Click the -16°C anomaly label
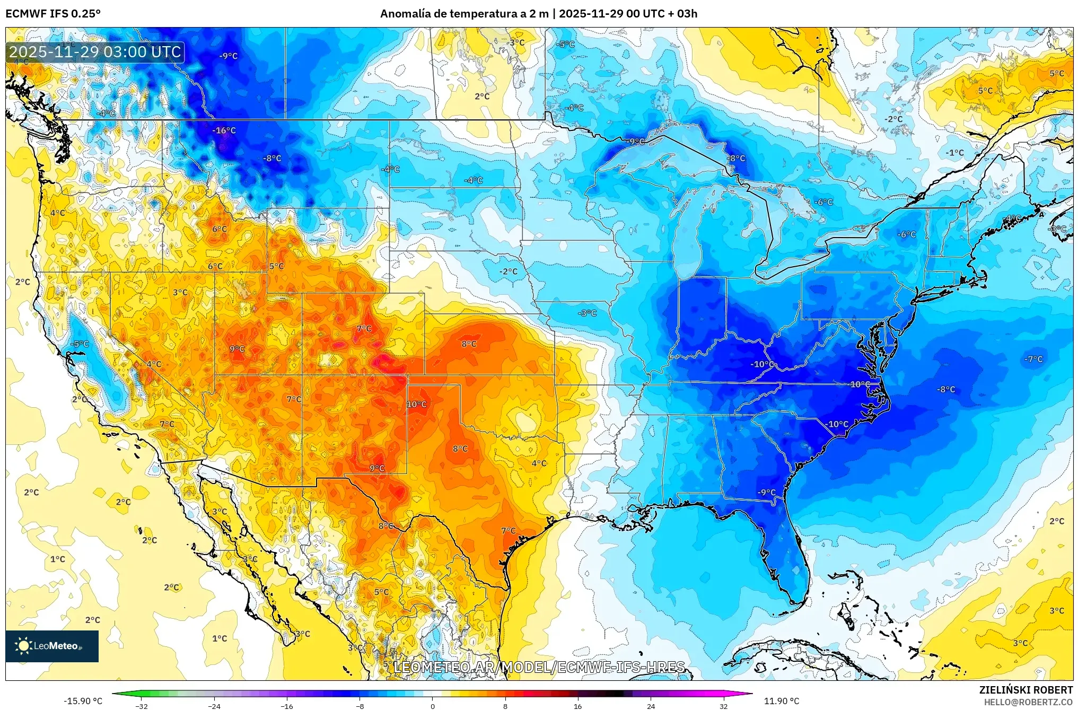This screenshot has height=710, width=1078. coord(224,130)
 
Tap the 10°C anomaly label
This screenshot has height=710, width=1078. coord(417,405)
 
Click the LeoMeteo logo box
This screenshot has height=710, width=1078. coord(52,646)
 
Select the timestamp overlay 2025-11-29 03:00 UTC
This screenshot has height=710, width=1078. coord(95,52)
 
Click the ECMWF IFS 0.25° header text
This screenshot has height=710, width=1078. coord(53,14)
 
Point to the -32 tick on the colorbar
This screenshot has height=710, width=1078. coord(141,706)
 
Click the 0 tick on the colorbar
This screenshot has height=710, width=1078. coord(432,706)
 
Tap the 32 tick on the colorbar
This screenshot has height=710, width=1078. coord(723,706)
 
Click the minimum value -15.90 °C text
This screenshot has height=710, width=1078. coord(83,701)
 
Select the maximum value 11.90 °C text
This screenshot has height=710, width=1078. coord(781,701)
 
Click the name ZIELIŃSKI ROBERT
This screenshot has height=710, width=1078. coord(1026,690)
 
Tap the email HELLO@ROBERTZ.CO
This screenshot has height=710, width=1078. coord(1028,702)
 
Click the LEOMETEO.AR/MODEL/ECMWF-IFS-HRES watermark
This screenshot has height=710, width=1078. coord(539,667)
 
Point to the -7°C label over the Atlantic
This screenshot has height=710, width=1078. coord(1033,360)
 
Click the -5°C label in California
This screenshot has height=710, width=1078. coord(80,344)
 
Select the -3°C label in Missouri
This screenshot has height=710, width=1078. coord(587,313)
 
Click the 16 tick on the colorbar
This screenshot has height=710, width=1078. coord(577,706)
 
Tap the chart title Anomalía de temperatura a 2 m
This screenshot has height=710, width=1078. coord(464,14)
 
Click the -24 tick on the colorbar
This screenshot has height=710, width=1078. coord(214,706)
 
